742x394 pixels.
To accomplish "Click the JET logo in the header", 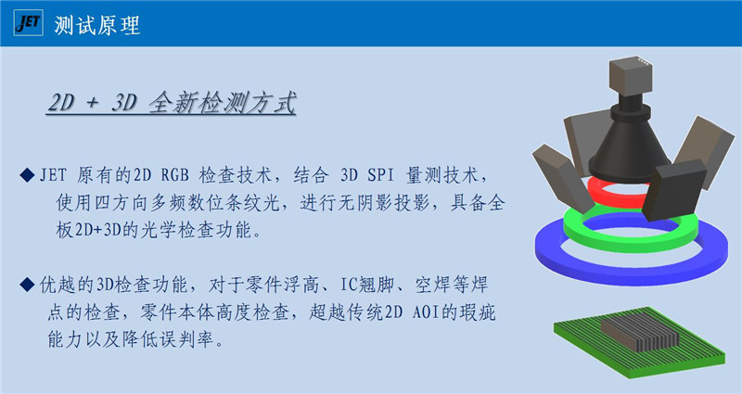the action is tap(29, 22).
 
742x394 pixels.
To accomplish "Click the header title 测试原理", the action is tap(97, 25).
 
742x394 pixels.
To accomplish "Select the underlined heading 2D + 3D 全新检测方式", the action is tap(172, 103).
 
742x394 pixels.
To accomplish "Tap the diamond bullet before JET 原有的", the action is tap(28, 175).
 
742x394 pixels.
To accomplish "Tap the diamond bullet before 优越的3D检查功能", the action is tap(28, 285).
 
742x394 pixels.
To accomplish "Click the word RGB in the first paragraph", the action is tap(174, 175).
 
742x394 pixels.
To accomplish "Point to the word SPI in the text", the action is tap(380, 175).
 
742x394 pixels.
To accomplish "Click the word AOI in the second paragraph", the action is tap(426, 312).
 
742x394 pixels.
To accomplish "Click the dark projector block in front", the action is tap(674, 190).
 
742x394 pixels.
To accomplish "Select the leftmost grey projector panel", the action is tap(563, 178).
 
